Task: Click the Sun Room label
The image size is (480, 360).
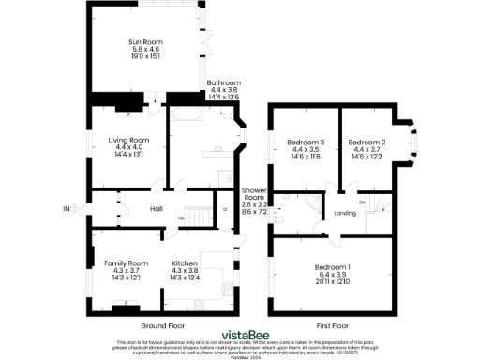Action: (145, 43)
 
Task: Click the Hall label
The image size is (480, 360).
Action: (157, 209)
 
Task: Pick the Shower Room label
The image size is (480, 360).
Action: (254, 193)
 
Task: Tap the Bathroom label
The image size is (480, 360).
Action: (223, 82)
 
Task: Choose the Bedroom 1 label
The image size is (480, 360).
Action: (333, 269)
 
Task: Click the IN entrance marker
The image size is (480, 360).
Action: (66, 208)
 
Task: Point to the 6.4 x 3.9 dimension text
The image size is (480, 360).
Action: (333, 277)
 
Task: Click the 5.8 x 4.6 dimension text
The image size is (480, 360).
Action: (145, 51)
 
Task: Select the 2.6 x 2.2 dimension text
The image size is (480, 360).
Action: (254, 205)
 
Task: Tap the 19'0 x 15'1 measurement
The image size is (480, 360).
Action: (145, 58)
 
